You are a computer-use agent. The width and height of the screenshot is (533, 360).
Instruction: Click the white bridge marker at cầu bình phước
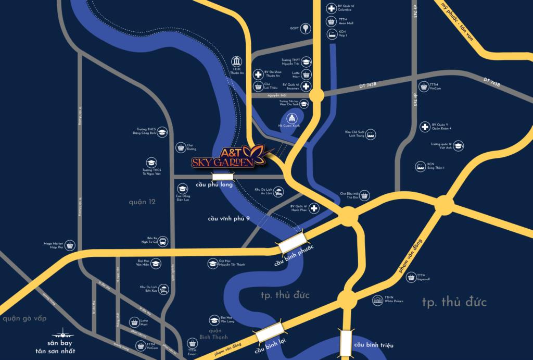point(293,242)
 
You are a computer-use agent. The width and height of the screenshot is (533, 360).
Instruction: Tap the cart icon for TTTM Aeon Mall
point(331,21)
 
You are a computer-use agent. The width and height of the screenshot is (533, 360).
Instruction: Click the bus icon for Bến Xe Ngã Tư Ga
point(162,241)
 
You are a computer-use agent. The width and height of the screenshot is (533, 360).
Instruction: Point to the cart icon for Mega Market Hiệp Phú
point(70,245)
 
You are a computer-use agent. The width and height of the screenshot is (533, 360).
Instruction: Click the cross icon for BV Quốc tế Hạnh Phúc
point(314,209)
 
